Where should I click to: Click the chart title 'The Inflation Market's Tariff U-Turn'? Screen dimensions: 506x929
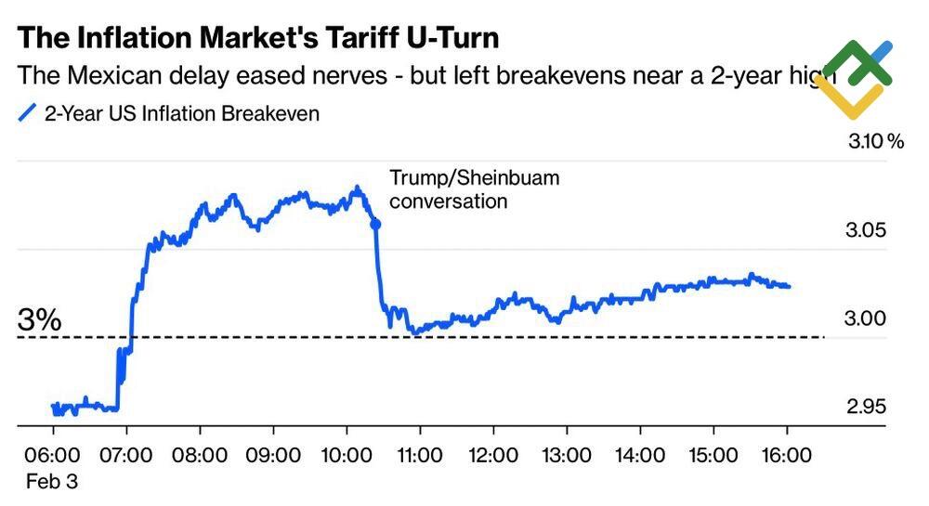pos(258,37)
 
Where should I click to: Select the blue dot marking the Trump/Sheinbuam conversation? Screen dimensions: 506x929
pos(375,224)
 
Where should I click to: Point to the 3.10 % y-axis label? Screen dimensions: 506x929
pos(875,142)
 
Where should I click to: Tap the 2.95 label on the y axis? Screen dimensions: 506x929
pos(867,407)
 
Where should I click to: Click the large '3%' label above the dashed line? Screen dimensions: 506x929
pos(40,320)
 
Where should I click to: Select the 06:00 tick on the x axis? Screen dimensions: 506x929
pos(53,456)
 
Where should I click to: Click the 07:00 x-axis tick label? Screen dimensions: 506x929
pos(126,456)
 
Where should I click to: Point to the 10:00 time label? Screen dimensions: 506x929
pos(347,456)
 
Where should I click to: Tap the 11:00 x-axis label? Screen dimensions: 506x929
pos(420,456)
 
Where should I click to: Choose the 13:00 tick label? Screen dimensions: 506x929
pos(567,456)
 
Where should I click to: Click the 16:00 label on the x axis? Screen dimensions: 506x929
pos(787,456)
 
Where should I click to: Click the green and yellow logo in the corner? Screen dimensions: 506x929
pos(856,79)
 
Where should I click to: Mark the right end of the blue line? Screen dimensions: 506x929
pos(789,286)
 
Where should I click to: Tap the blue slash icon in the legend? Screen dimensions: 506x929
pos(28,113)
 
